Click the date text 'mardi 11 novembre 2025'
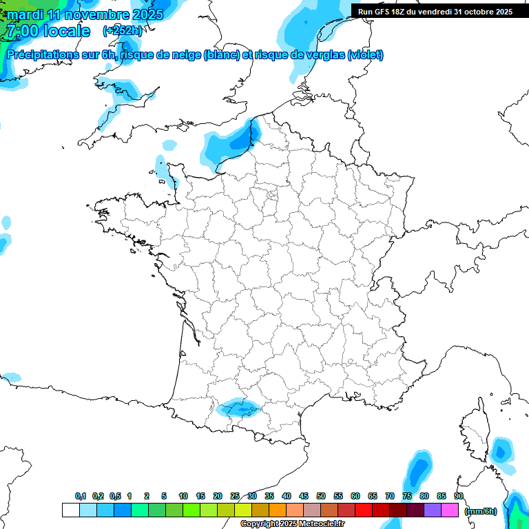pyautogui.click(x=85, y=14)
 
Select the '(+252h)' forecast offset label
pyautogui.click(x=123, y=31)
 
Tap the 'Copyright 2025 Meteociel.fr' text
pyautogui.click(x=292, y=524)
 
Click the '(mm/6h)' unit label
pyautogui.click(x=481, y=510)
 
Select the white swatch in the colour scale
pyautogui.click(x=70, y=510)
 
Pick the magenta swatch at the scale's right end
pyautogui.click(x=450, y=510)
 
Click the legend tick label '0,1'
pyautogui.click(x=81, y=497)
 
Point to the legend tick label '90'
pyautogui.click(x=458, y=497)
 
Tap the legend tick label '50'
pyautogui.click(x=321, y=497)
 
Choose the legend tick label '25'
pyautogui.click(x=235, y=497)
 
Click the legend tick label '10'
pyautogui.click(x=183, y=497)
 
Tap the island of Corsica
pyautogui.click(x=475, y=427)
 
